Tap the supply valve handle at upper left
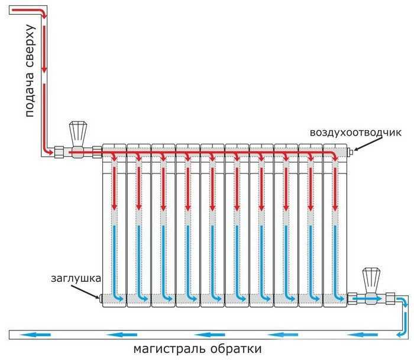[x=77, y=131]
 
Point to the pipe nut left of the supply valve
[x=60, y=152]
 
